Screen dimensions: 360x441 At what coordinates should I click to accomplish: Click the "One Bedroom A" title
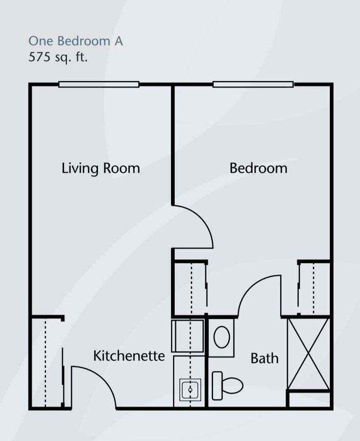click(76, 41)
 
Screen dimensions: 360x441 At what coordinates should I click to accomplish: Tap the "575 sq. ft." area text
click(58, 57)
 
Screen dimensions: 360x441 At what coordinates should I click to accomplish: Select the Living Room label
click(101, 169)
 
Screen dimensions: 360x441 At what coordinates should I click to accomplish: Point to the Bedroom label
click(258, 168)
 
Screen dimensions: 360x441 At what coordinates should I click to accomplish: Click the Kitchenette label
click(129, 356)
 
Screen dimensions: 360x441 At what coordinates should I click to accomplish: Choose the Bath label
click(265, 358)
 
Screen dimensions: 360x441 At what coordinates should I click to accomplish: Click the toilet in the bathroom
click(227, 386)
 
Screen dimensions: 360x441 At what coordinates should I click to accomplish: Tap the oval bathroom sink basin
click(222, 337)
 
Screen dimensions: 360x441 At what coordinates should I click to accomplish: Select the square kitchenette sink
click(190, 390)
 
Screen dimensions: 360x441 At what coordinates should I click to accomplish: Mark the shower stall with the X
click(308, 354)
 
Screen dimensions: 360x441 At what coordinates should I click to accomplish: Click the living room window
click(99, 84)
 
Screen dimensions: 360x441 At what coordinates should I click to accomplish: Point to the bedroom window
click(253, 84)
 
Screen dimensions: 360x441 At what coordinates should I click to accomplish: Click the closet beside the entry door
click(46, 362)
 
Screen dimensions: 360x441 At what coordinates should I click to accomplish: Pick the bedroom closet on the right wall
click(314, 288)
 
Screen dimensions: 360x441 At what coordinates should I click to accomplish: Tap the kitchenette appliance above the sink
click(188, 336)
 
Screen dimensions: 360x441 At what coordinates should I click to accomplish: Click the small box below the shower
click(309, 400)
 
